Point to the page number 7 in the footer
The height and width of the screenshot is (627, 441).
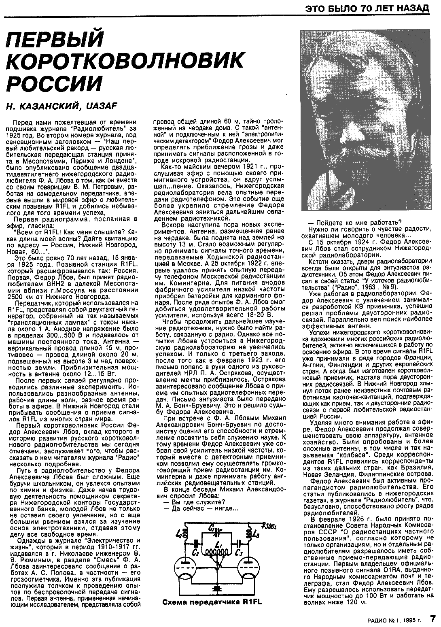(x=433, y=619)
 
